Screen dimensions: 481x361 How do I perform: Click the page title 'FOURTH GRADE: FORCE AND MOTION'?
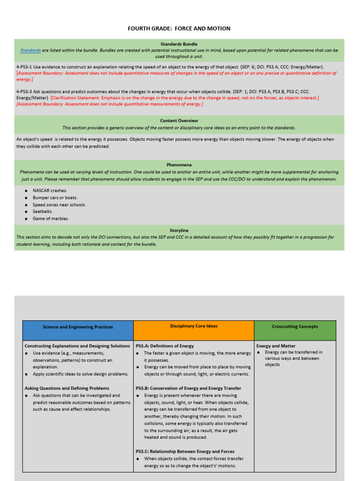179,29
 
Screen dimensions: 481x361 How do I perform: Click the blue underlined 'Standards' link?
30,50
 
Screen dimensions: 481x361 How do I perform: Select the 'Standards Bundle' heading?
179,44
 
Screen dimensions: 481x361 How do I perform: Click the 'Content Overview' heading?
179,121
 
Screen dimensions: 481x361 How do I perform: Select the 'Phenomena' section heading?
179,165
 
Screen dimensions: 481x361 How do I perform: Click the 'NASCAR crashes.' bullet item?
50,191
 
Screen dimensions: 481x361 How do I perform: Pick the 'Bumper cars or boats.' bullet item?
55,198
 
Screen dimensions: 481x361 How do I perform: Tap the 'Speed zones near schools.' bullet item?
59,205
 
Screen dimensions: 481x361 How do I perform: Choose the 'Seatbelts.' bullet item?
43,212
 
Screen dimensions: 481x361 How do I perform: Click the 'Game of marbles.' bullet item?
50,219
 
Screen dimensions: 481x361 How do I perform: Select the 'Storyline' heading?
179,231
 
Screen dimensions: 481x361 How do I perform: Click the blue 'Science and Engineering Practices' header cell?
78,327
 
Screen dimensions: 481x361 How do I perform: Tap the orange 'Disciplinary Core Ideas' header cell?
194,326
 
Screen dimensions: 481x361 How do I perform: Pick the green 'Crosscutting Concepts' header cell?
295,326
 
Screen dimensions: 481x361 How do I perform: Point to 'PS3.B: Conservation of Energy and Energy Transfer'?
188,388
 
